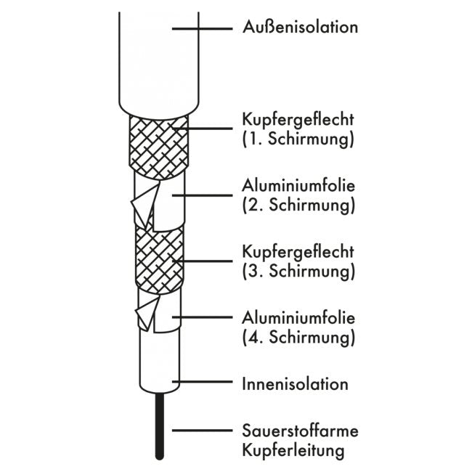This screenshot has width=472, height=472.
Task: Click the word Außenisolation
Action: coord(300,27)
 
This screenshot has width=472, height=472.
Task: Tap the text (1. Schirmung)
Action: coord(298,139)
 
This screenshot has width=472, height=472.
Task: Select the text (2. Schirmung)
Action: coord(298,206)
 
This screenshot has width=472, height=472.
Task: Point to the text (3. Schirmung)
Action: coord(298,271)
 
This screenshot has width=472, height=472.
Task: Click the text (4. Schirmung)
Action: coord(298,337)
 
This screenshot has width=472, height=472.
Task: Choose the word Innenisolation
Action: coord(296,384)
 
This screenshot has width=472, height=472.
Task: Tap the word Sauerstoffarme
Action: coord(300,431)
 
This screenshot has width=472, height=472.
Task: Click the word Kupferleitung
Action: coord(293,451)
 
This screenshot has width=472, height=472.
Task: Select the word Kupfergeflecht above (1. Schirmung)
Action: coord(298,120)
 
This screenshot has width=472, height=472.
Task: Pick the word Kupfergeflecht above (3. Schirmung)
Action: coord(298,252)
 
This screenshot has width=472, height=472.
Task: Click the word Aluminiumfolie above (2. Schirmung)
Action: coord(298,186)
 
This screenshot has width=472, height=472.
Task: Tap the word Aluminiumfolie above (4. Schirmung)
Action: coord(298,318)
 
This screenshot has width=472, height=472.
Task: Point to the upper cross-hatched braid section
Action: coord(159,147)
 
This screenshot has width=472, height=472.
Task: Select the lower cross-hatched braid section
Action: coord(159,259)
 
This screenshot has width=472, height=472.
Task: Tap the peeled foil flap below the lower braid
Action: coord(147,313)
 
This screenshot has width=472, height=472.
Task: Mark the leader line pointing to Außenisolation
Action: coord(203,29)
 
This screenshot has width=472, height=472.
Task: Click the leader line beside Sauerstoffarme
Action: coord(203,431)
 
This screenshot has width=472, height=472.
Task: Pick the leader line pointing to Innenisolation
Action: coord(203,382)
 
